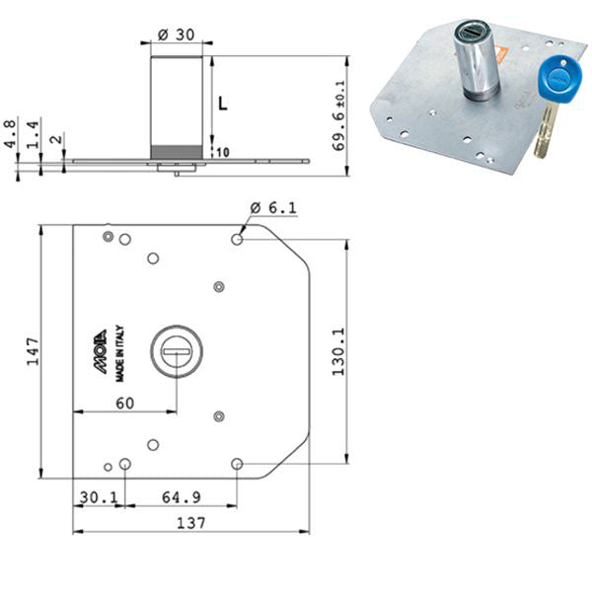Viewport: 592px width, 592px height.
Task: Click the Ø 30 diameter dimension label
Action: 177,35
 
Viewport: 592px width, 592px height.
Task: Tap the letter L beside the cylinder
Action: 223,103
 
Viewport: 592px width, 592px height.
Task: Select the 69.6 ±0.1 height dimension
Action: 338,115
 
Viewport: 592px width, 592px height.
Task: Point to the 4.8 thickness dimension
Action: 10,133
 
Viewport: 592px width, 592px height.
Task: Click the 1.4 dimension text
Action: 33,135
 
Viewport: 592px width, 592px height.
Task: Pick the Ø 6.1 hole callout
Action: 273,207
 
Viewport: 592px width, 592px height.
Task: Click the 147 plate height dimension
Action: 33,351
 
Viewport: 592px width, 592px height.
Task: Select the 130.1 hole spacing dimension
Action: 338,351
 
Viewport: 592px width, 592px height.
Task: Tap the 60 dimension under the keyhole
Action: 125,404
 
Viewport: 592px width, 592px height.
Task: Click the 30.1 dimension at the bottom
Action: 99,497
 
